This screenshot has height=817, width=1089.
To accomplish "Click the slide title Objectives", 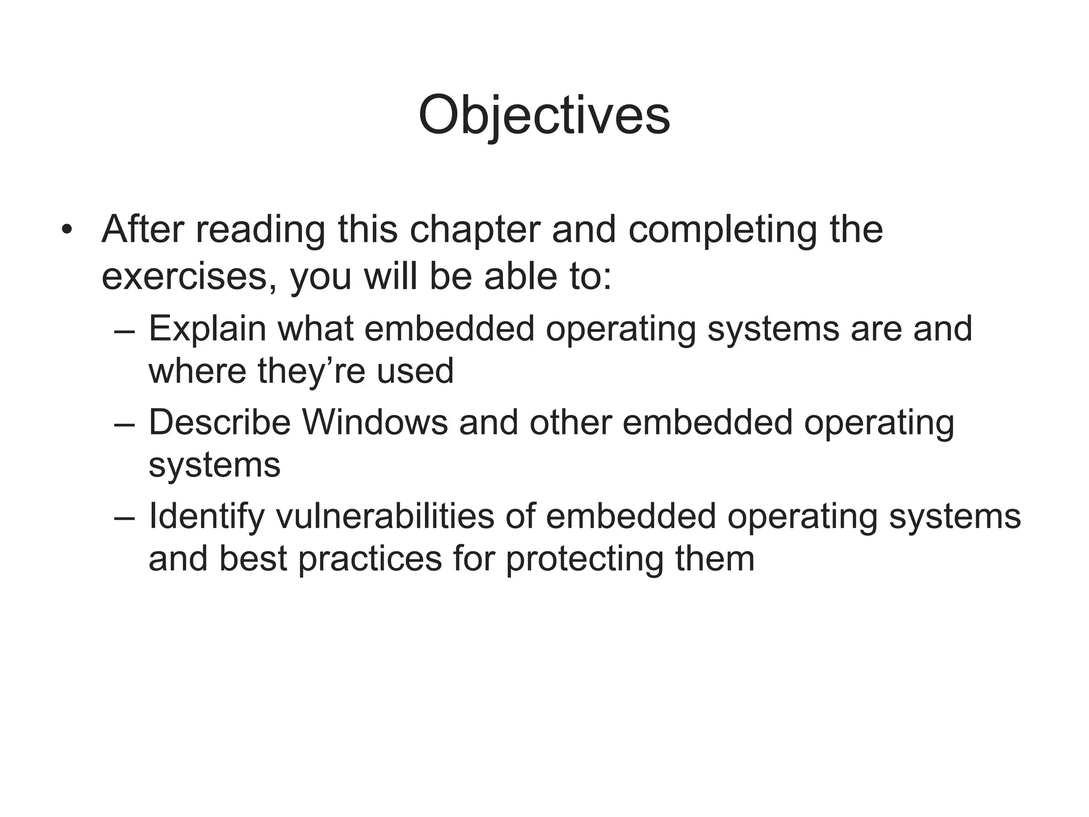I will (544, 116).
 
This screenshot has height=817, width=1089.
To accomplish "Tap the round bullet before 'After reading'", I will (66, 230).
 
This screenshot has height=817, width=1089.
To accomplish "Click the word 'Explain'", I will (207, 328).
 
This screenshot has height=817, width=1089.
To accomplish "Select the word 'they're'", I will (311, 371).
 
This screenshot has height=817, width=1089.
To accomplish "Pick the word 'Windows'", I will (375, 422).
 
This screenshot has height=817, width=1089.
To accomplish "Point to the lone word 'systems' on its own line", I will (214, 464).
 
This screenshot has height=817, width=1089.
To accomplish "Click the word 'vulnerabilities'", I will (384, 515).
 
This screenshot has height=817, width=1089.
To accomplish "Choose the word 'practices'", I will (370, 558).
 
